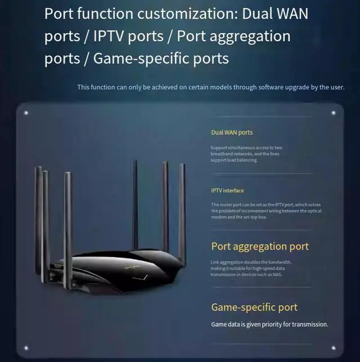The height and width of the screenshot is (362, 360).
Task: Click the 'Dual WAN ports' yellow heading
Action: coord(232,133)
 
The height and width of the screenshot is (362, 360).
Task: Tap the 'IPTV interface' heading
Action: coord(227,191)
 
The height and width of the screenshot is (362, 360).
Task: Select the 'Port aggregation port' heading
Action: coord(260,247)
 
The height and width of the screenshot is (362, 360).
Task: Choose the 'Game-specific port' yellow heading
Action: coord(254,307)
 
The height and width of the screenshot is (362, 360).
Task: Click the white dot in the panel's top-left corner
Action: coord(26,113)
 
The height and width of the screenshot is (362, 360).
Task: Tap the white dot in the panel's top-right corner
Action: coord(333,113)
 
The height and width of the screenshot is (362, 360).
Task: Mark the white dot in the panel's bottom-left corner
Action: coord(26,347)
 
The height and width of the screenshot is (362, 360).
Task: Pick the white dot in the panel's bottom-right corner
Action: coord(333,347)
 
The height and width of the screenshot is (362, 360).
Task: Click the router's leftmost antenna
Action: coord(39,214)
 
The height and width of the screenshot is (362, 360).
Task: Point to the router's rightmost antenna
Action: coord(182,208)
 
